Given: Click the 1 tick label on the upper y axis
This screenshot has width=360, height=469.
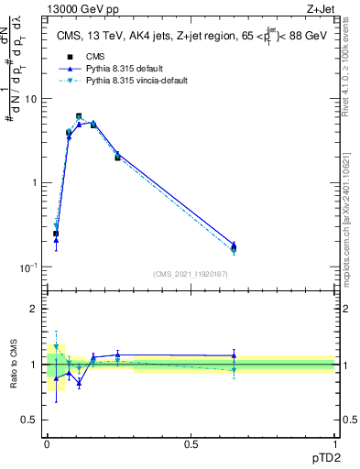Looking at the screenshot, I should point(37,182).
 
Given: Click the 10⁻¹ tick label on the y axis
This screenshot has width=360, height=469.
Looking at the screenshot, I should point(30,267).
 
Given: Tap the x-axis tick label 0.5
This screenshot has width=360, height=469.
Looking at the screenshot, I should point(191,443).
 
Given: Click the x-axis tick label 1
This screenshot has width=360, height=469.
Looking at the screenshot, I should point(334,443).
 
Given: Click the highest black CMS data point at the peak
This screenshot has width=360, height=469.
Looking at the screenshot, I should point(79,116).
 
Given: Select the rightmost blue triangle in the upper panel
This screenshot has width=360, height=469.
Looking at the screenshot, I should point(234,245).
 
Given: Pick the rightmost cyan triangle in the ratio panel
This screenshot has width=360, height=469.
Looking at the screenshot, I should point(234,370).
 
